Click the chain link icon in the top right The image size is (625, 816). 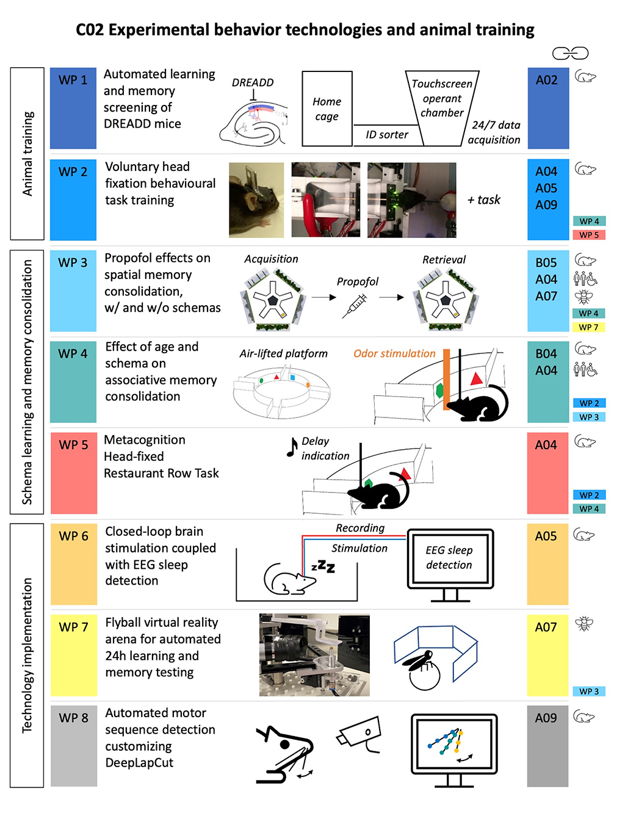pos(570,53)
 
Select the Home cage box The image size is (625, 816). pos(327,109)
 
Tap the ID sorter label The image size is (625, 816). pos(386,134)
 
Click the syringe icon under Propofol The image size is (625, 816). pos(354,306)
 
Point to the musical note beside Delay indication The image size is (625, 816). pos(292,447)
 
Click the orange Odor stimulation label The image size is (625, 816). pos(394,353)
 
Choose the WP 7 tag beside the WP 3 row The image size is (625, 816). pos(588,327)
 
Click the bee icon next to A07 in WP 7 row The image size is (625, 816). pos(583,624)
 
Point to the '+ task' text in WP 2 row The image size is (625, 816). pos(483,200)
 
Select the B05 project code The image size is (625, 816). pos(546,262)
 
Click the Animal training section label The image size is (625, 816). pos(27,154)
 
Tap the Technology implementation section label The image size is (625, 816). pos(27,655)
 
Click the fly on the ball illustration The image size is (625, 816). pos(420,670)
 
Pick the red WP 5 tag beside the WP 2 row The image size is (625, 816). pos(588,235)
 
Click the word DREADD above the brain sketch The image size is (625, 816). pos(253,82)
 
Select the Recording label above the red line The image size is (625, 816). pos(360,528)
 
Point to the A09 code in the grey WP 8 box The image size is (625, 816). pos(546,718)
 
